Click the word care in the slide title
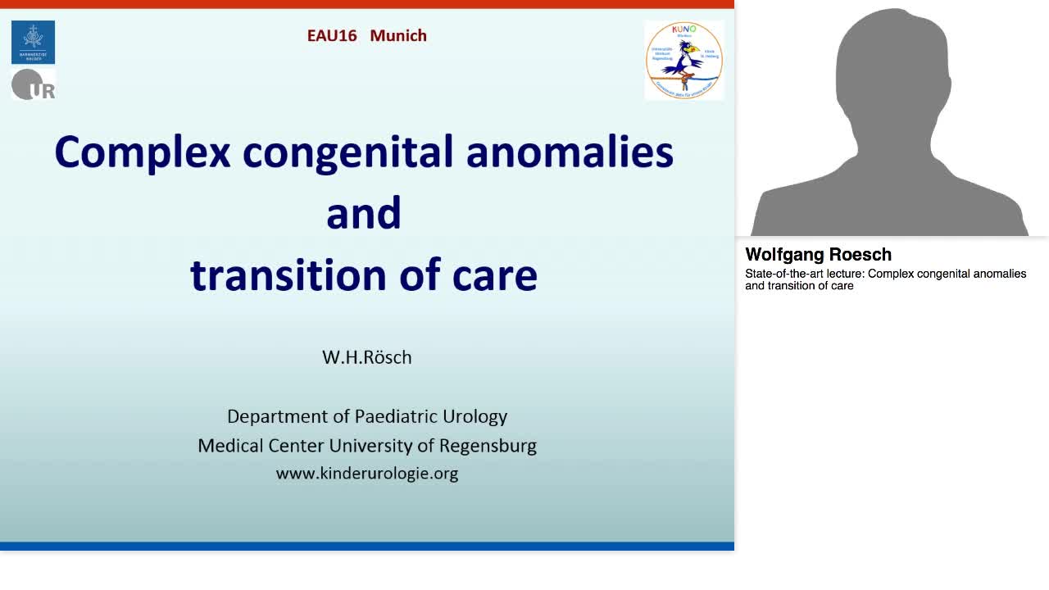[x=495, y=276]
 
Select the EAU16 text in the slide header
[x=332, y=35]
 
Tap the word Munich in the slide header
[x=398, y=35]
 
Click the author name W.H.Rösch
[x=366, y=357]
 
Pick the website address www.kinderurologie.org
[x=366, y=473]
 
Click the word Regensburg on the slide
[x=488, y=446]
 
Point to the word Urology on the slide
[x=475, y=416]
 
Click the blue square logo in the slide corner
[x=33, y=42]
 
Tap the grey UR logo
[x=33, y=84]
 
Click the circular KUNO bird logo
[x=683, y=60]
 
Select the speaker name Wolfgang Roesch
[x=818, y=255]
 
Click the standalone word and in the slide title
[x=363, y=214]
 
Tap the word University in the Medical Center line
[x=370, y=446]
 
